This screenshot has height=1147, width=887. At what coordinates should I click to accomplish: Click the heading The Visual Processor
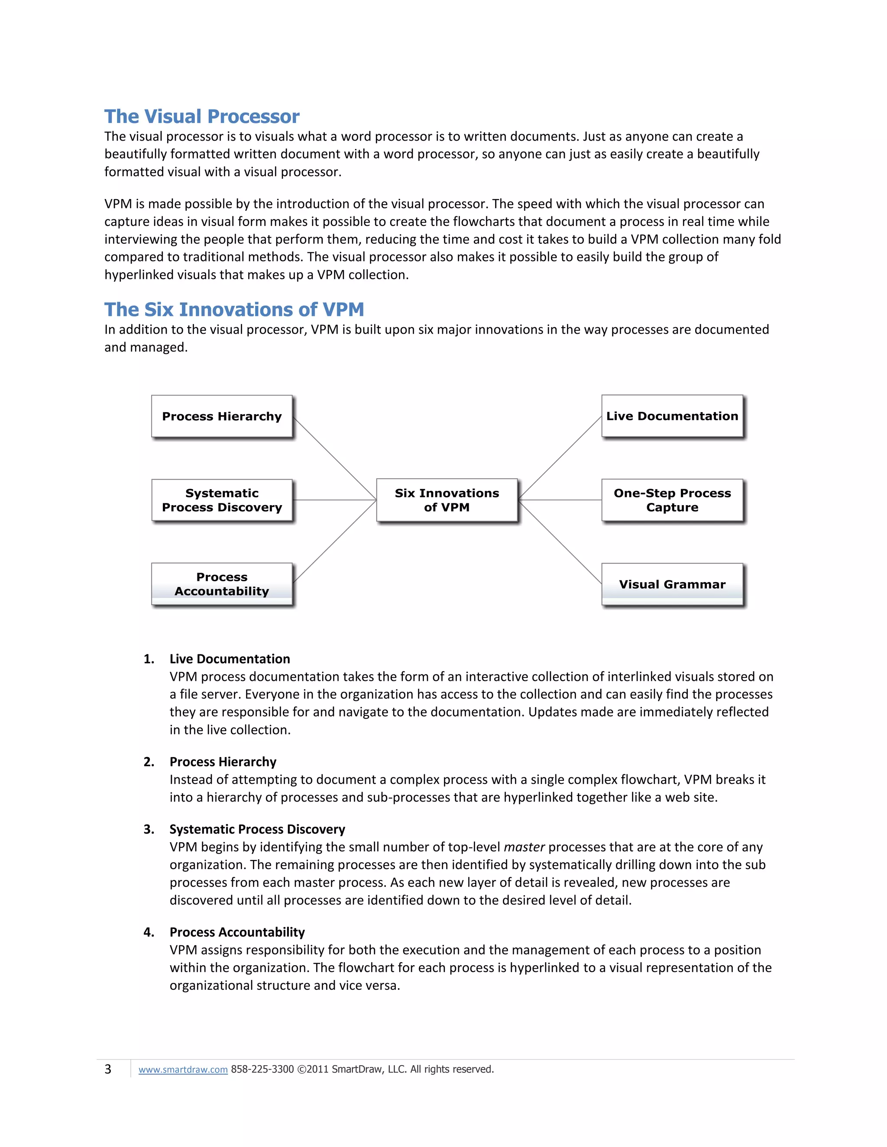[202, 116]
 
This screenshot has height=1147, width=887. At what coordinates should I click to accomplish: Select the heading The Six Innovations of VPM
[234, 310]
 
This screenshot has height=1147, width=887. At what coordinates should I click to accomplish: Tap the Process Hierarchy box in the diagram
[222, 416]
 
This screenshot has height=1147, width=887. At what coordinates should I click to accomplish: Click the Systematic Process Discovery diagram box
[222, 500]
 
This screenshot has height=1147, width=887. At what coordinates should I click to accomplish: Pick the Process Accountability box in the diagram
[222, 584]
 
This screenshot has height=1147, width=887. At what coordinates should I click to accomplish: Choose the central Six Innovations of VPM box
[447, 500]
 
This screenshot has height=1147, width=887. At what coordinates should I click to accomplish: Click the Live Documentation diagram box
[672, 416]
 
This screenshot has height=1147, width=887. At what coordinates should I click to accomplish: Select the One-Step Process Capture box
[672, 500]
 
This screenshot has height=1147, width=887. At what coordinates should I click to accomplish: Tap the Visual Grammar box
[672, 584]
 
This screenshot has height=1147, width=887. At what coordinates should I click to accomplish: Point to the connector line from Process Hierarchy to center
[334, 458]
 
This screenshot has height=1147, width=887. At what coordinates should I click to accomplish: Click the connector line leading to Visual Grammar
[560, 542]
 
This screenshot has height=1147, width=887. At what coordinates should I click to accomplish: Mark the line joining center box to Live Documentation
[560, 458]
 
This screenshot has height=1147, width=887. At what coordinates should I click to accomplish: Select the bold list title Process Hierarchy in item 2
[223, 762]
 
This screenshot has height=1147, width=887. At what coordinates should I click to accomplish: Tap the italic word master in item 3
[524, 847]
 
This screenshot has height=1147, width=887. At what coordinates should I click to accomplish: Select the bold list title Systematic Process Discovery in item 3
[257, 829]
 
